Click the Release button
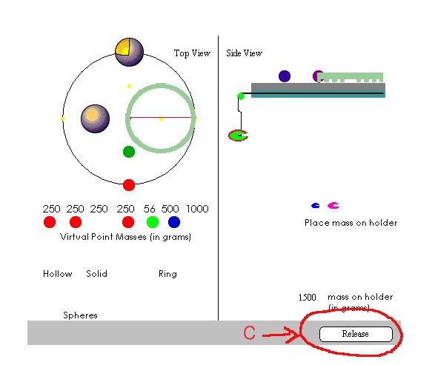point(356,334)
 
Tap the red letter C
point(249,333)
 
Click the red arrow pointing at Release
point(280,335)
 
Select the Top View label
point(192,53)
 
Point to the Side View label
point(244,53)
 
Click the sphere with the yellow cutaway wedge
point(129,52)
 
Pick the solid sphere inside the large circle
point(95,118)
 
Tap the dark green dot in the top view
point(129,152)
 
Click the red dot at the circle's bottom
point(129,185)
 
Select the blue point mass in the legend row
point(174,222)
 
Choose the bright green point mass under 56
point(153,222)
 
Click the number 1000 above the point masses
point(197,209)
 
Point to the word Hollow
point(57,274)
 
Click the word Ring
point(167,274)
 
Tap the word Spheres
point(80,315)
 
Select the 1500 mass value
point(307,298)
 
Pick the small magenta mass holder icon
point(333,205)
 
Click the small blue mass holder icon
point(316,205)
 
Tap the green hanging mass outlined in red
point(238,135)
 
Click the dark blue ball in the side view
point(285,76)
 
